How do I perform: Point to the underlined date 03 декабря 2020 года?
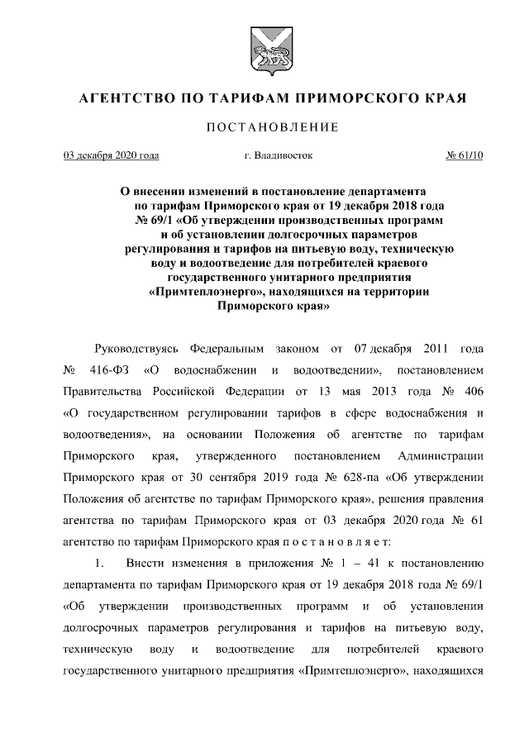coord(112,155)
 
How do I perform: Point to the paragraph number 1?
coord(99,563)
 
